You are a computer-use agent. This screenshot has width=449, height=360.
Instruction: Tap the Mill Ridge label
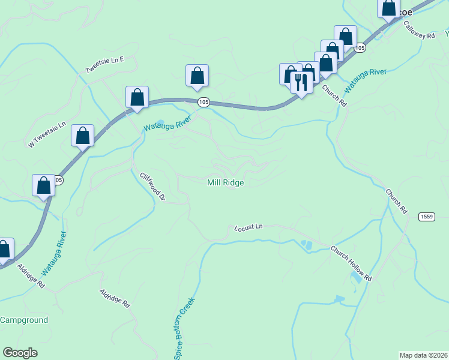226,183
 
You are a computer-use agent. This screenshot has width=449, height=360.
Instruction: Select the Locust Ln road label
249,227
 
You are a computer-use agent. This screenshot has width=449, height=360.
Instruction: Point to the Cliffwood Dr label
152,187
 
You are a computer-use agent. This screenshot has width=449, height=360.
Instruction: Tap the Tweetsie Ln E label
104,65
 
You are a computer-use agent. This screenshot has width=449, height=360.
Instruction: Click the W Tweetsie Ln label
46,136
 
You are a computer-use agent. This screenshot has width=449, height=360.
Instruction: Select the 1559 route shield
427,217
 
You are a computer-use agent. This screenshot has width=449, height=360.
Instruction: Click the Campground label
24,320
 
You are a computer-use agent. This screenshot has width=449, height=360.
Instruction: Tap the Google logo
20,353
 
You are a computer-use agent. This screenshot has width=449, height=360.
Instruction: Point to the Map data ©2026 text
423,355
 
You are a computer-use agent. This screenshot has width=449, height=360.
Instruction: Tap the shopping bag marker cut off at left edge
4,249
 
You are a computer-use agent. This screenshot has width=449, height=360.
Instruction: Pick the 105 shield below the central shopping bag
203,103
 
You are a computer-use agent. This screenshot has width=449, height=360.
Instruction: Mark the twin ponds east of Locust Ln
307,245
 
